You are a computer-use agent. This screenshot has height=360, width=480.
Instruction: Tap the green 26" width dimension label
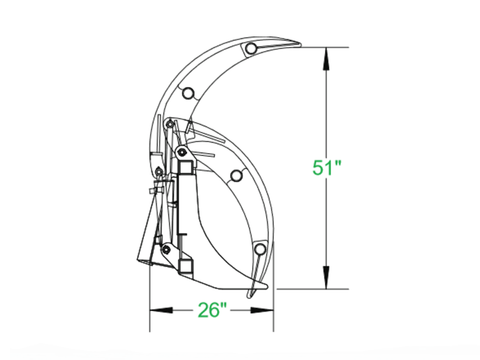[x=212, y=310]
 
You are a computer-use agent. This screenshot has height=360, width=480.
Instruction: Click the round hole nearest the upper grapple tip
[x=252, y=48]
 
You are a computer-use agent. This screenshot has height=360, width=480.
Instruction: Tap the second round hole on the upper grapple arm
[x=188, y=93]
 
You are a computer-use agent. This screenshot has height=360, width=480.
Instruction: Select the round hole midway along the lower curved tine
[x=237, y=175]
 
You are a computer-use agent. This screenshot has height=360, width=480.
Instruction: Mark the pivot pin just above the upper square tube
[x=181, y=152]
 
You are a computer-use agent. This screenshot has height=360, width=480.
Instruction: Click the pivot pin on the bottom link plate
[x=165, y=249]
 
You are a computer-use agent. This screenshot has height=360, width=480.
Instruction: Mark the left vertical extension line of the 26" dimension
[x=150, y=300]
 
